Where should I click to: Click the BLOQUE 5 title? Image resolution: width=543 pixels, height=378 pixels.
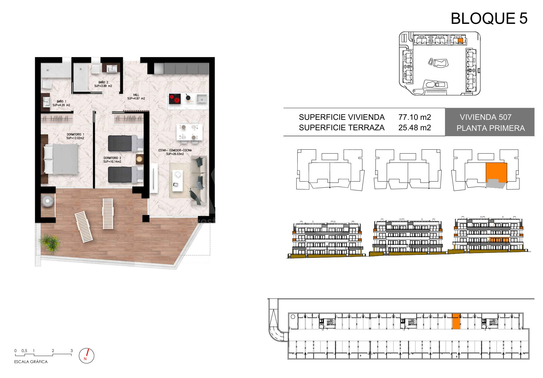click(x=489, y=18)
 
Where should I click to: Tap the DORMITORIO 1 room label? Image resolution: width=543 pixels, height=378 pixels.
click(x=75, y=136)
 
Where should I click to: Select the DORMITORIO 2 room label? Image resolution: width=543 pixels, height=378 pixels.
click(x=112, y=160)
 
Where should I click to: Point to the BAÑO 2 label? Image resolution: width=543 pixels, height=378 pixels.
click(x=103, y=84)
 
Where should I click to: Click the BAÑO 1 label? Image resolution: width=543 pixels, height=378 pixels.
click(x=61, y=103)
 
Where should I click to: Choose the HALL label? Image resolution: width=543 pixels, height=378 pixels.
click(x=136, y=97)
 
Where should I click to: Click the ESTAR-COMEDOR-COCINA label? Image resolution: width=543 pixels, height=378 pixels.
click(x=175, y=152)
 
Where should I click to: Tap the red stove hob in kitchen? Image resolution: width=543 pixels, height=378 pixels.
click(x=175, y=99)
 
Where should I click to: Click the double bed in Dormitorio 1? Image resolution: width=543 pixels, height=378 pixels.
click(x=61, y=159)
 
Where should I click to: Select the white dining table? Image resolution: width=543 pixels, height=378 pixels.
click(x=189, y=132)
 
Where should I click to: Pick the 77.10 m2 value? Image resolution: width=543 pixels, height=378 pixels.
click(x=415, y=117)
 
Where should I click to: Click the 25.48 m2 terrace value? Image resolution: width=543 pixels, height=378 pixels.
click(x=415, y=128)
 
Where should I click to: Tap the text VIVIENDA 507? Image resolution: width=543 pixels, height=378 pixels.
click(x=485, y=117)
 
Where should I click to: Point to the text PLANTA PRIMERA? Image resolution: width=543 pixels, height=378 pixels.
click(x=491, y=128)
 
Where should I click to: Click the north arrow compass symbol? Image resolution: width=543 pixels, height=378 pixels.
click(x=86, y=355)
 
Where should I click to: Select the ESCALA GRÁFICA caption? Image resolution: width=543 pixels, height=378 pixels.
click(x=31, y=362)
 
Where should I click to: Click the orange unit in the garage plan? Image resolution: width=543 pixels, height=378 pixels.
click(x=456, y=321)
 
